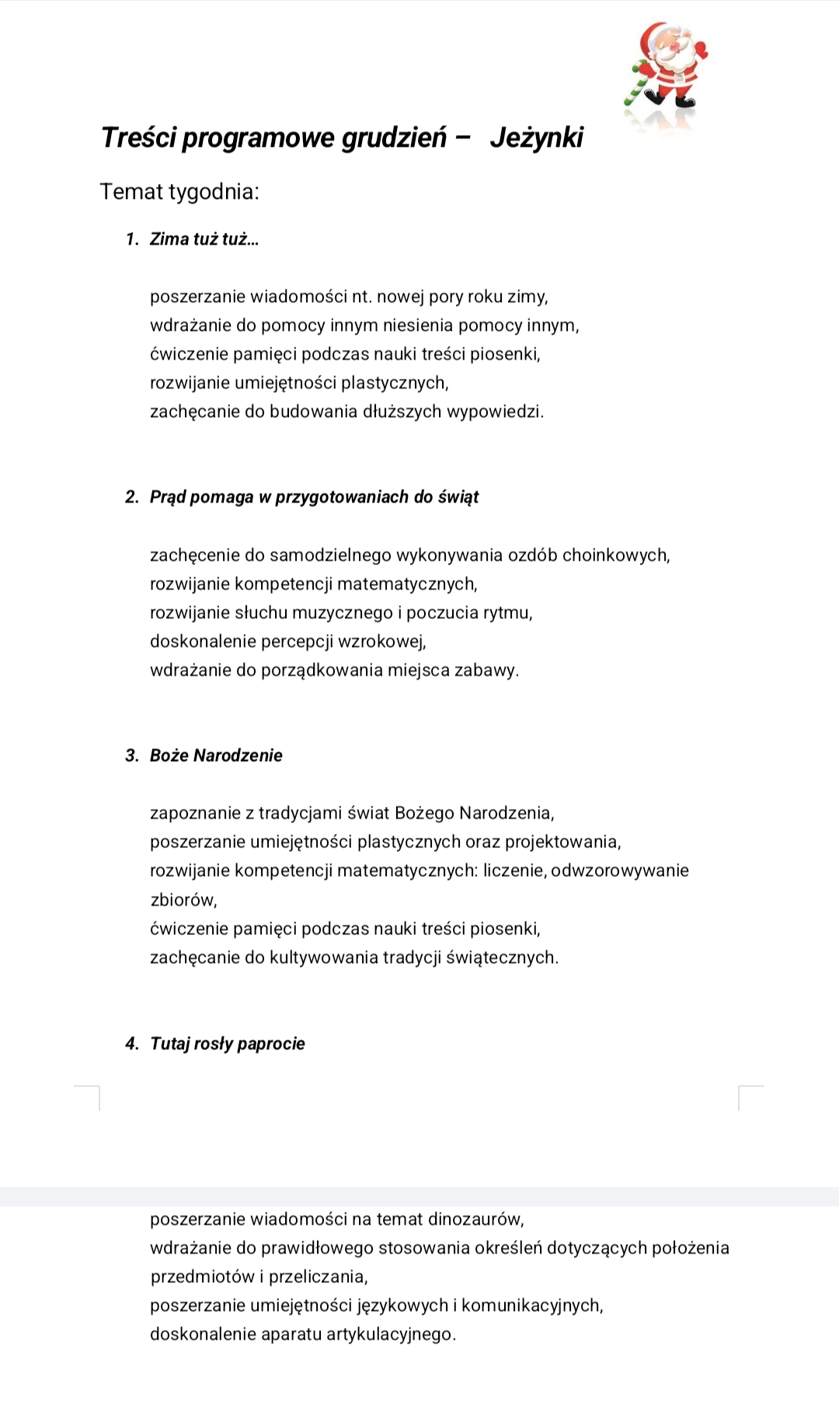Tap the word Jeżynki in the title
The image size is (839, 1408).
point(536,137)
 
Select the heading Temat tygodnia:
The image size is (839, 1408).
point(179,191)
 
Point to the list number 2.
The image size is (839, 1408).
point(131,497)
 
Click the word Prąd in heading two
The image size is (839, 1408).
point(167,497)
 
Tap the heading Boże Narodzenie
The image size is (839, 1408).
point(216,756)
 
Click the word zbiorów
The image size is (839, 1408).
point(183,900)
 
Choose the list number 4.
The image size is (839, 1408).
point(131,1044)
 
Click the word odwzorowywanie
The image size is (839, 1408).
point(620,871)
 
